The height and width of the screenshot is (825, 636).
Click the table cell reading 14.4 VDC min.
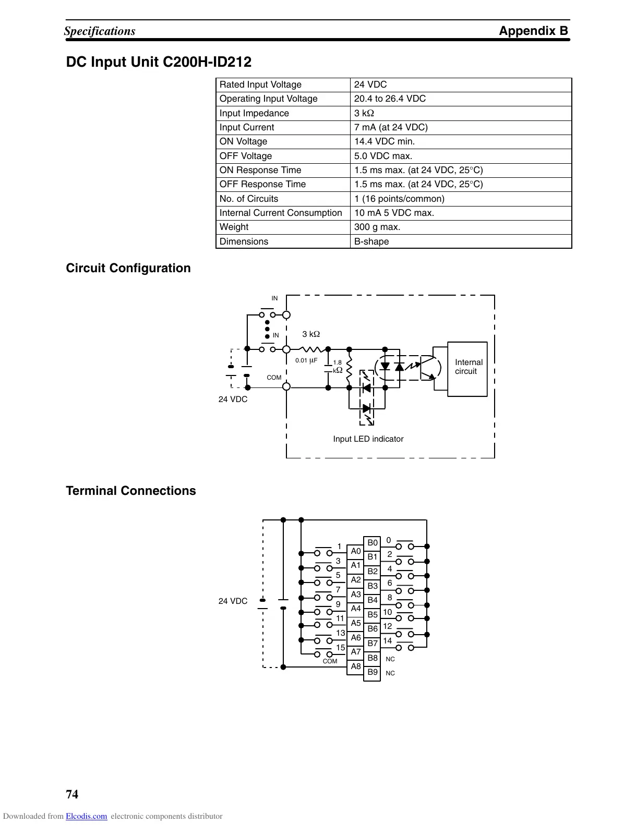385,141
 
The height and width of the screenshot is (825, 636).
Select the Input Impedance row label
254,113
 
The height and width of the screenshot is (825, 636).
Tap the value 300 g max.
377,227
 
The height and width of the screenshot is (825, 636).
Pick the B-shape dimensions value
371,241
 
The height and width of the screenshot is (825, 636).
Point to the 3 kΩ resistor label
311,334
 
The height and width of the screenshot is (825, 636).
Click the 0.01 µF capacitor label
306,360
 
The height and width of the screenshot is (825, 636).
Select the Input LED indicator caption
368,439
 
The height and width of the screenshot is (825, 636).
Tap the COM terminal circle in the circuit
286,386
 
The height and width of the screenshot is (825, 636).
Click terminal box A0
356,551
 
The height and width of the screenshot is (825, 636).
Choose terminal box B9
372,672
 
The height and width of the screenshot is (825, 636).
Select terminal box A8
356,666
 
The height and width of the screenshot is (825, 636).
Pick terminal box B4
372,600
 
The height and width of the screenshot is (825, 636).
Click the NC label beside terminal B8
390,659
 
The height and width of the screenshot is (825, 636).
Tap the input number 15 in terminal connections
340,648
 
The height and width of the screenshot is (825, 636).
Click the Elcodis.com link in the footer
86,816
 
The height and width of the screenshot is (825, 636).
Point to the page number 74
72,794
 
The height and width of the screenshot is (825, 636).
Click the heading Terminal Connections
131,491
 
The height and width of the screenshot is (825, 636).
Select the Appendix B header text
533,31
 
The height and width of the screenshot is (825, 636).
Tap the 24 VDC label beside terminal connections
233,601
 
